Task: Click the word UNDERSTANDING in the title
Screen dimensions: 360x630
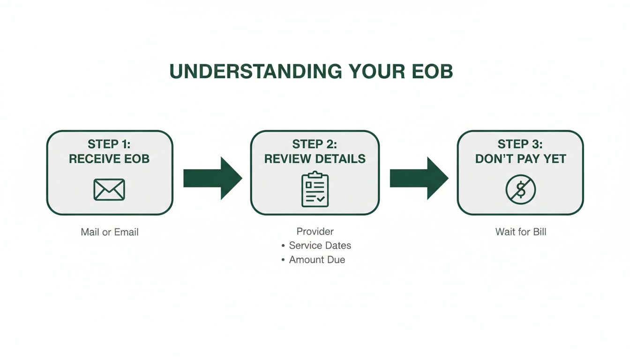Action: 256,71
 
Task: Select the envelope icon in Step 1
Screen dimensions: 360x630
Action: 109,189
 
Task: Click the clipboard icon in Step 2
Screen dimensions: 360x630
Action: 315,189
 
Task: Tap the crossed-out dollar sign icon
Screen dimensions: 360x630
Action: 520,189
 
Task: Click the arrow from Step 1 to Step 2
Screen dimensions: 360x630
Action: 212,178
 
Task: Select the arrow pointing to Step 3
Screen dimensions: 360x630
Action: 418,178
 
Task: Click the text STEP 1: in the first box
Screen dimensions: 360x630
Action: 109,144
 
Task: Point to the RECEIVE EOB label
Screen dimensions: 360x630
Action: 109,159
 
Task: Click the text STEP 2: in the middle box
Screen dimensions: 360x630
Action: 315,144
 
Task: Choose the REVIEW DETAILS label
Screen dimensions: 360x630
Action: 315,159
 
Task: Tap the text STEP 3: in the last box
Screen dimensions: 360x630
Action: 520,144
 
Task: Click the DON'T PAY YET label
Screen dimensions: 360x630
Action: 520,159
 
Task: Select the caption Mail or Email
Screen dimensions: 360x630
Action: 110,232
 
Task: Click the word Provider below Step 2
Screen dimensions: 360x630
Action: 315,232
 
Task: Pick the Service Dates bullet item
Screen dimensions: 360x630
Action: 320,246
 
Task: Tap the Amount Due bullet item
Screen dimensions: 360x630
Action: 317,260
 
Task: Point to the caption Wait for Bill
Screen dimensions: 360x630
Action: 521,232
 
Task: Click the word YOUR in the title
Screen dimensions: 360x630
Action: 377,71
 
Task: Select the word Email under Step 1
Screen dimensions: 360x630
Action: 126,232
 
